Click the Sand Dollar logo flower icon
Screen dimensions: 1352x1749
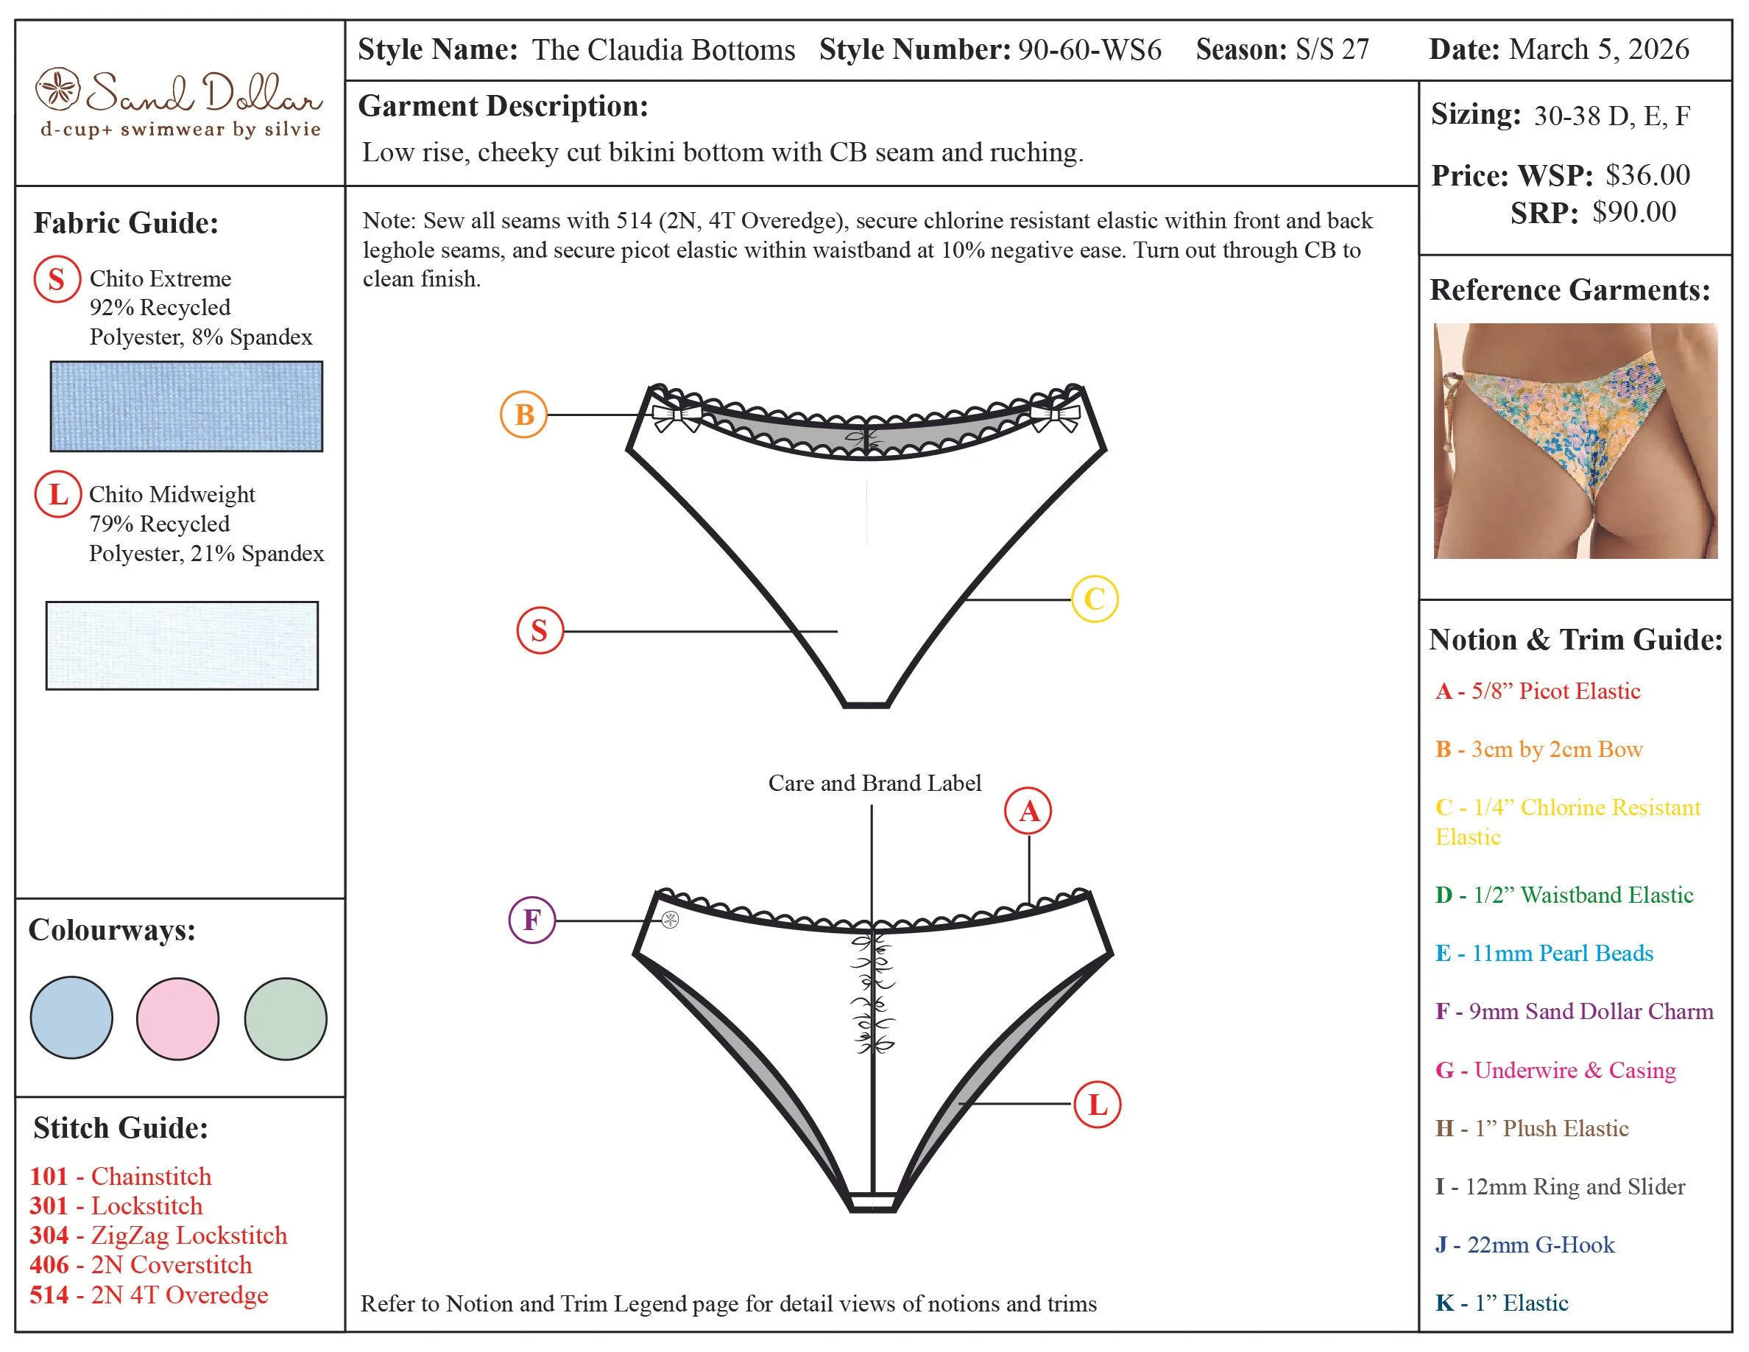pyautogui.click(x=57, y=89)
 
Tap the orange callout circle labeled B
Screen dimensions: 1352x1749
pyautogui.click(x=523, y=414)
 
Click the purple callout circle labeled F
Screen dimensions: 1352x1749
pyautogui.click(x=531, y=920)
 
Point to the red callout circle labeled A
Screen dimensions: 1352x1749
pyautogui.click(x=1028, y=811)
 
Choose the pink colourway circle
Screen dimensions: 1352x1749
pyautogui.click(x=178, y=1018)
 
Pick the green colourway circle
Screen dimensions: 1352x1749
pyautogui.click(x=285, y=1018)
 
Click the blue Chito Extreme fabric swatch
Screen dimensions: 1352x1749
pyautogui.click(x=186, y=406)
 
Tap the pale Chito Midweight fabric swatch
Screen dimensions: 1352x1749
pyautogui.click(x=182, y=645)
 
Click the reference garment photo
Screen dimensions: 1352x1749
pyautogui.click(x=1575, y=440)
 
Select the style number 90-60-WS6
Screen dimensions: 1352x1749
pyautogui.click(x=1089, y=49)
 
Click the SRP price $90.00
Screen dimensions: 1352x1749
pyautogui.click(x=1633, y=212)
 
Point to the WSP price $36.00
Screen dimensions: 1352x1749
pyautogui.click(x=1647, y=175)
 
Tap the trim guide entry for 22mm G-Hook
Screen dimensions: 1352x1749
pyautogui.click(x=1524, y=1244)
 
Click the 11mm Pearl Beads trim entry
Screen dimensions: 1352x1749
pyautogui.click(x=1544, y=952)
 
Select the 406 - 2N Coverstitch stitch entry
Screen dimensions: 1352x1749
pyautogui.click(x=141, y=1264)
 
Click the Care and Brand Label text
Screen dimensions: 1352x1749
pyautogui.click(x=875, y=783)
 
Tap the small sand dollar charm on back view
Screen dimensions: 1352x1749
pyautogui.click(x=671, y=920)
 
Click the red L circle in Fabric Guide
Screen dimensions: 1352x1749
pyautogui.click(x=57, y=494)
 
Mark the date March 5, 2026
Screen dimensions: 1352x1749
pyautogui.click(x=1598, y=49)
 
